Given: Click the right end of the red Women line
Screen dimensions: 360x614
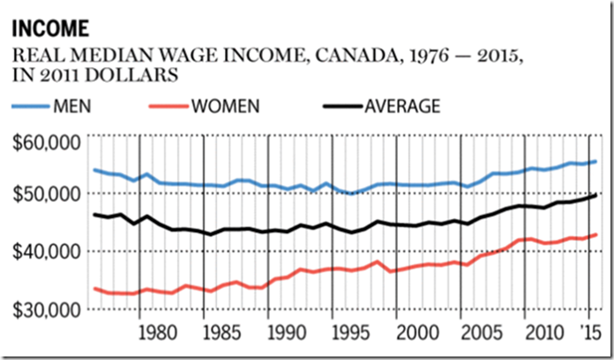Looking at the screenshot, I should (597, 235).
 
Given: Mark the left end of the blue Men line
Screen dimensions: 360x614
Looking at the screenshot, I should (94, 169).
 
